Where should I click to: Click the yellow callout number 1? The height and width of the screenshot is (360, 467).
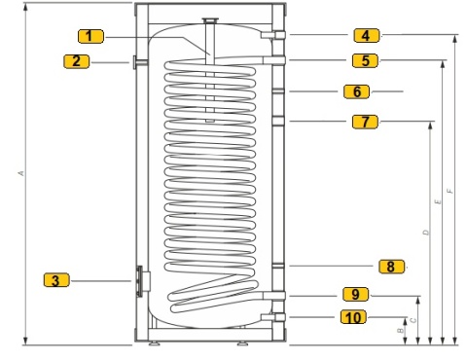[90, 36]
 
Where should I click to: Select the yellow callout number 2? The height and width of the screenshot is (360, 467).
[76, 61]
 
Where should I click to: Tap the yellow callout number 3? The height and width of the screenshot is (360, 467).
[56, 280]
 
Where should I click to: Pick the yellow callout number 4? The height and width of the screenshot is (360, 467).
[367, 35]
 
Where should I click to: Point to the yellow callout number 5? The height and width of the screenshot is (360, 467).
[365, 60]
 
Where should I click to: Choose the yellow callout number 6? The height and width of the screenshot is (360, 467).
[356, 91]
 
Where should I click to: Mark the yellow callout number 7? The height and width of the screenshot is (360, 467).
[365, 122]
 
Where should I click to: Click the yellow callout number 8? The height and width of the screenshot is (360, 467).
[392, 267]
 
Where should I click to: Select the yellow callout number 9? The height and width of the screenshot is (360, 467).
[356, 294]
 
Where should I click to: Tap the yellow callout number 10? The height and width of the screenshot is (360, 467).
[353, 317]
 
